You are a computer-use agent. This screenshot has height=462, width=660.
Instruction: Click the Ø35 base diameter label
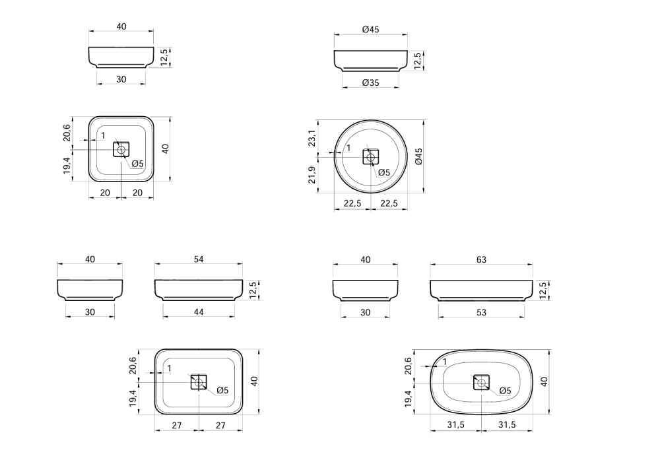point(370,82)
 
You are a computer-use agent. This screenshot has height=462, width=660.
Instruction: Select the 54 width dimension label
point(198,259)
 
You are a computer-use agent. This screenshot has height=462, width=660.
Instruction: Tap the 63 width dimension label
point(481,259)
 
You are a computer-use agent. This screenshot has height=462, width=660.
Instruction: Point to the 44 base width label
point(198,312)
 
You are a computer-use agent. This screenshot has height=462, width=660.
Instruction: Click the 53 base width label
point(481,312)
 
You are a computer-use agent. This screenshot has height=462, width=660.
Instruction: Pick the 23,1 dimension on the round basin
point(312,138)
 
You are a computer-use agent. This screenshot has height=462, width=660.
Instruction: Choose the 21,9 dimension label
point(312,175)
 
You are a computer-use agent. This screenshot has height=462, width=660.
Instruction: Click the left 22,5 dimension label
point(352,203)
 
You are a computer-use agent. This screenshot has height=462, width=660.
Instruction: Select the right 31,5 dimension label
point(507,424)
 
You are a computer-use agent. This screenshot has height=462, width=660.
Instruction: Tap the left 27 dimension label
point(177,426)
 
